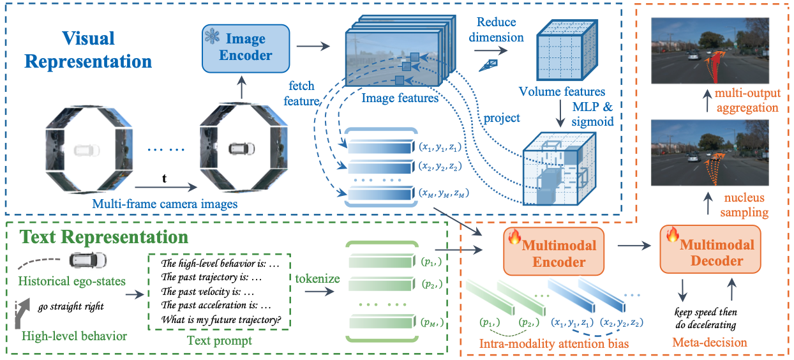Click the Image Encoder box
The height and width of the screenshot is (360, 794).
click(x=246, y=49)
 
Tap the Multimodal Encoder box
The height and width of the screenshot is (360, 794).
click(x=553, y=251)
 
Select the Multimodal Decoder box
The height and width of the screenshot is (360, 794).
click(x=710, y=250)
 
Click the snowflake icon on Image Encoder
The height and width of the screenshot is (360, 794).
click(x=213, y=36)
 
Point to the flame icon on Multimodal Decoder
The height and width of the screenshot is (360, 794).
click(x=672, y=234)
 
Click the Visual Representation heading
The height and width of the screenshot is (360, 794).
click(x=88, y=50)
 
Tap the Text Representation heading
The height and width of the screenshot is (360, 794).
click(x=104, y=237)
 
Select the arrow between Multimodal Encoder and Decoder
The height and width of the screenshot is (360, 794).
click(x=634, y=246)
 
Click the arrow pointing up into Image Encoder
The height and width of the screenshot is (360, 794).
click(x=241, y=87)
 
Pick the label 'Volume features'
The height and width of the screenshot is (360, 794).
click(x=562, y=91)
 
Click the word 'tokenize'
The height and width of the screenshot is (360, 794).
click(x=317, y=278)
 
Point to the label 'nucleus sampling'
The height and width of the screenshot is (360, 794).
click(x=744, y=205)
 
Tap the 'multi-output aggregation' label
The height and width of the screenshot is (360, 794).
click(x=747, y=100)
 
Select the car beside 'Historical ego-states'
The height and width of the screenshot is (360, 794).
click(x=88, y=260)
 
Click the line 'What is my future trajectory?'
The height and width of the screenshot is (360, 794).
click(x=221, y=320)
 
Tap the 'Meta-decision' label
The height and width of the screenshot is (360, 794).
click(x=710, y=342)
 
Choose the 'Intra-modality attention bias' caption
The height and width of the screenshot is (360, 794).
click(x=554, y=343)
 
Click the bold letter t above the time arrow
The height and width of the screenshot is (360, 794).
click(x=164, y=178)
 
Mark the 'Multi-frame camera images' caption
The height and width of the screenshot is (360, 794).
click(x=165, y=204)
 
